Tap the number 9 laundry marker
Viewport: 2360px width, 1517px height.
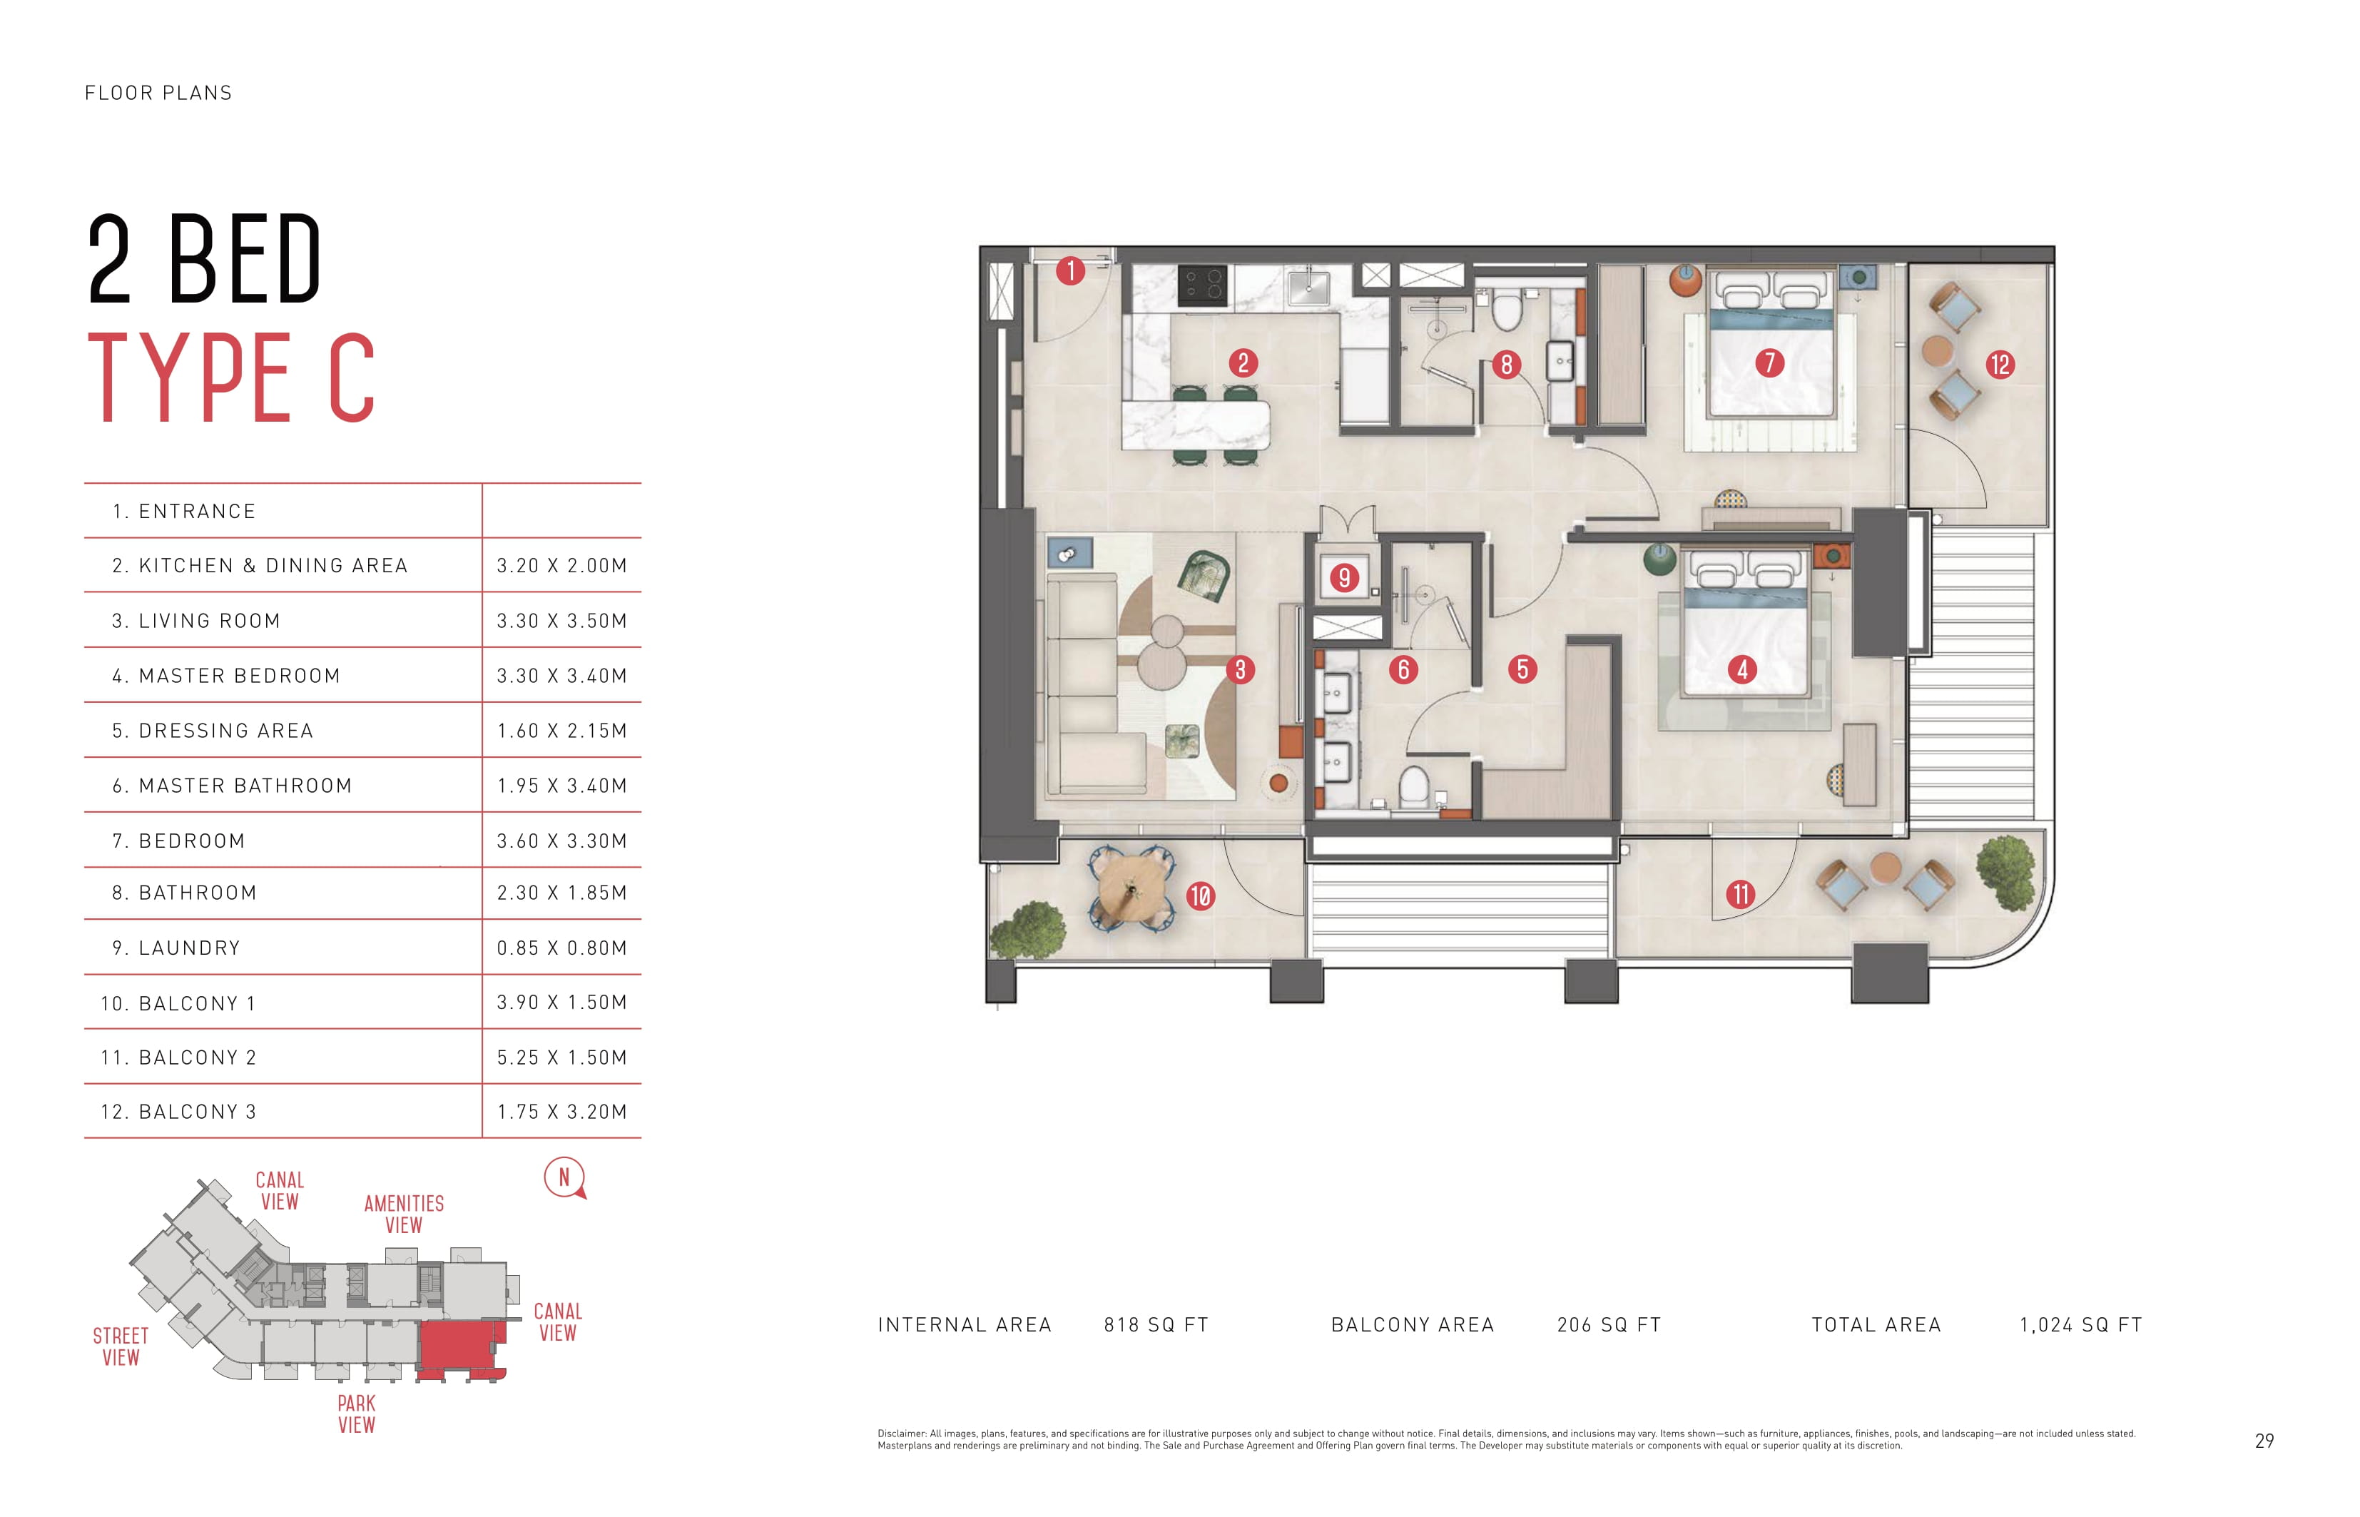[x=1343, y=577]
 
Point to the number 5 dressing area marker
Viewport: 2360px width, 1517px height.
[x=1522, y=670]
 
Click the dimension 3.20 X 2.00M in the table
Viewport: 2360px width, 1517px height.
[x=561, y=565]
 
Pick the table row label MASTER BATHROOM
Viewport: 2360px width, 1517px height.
[x=245, y=785]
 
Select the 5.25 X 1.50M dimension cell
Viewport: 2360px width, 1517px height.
[x=561, y=1057]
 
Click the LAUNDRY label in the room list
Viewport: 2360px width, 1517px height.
[x=189, y=948]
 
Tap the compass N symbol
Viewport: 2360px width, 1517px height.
[x=564, y=1177]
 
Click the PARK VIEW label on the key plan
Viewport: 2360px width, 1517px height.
[x=357, y=1414]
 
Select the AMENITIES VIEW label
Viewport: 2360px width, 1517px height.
[x=404, y=1214]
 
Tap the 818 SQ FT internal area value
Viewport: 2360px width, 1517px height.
[x=1155, y=1325]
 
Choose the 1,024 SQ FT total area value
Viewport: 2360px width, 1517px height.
[x=2080, y=1325]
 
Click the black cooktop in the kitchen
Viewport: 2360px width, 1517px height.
[x=1203, y=285]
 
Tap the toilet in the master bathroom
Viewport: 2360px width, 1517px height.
[x=1415, y=786]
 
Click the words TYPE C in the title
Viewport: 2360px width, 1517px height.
[x=233, y=377]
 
